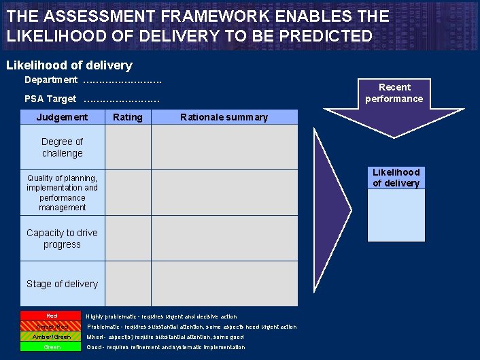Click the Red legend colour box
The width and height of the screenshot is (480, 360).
click(x=52, y=316)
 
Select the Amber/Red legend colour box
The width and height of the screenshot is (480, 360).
click(x=52, y=327)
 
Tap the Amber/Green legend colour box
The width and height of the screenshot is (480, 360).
click(x=52, y=337)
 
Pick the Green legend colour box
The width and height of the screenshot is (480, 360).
click(x=52, y=347)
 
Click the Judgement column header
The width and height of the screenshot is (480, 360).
click(x=62, y=117)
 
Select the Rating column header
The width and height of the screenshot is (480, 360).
click(x=128, y=117)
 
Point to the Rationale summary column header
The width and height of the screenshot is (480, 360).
click(x=224, y=117)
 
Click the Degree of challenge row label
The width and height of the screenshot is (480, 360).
click(x=62, y=148)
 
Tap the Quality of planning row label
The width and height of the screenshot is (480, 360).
click(x=62, y=193)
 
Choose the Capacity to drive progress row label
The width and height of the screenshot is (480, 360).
click(x=62, y=238)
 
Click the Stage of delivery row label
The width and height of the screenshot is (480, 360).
click(x=62, y=284)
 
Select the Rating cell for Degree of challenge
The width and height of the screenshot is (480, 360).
click(x=128, y=148)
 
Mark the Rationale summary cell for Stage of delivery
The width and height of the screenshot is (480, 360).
click(x=224, y=284)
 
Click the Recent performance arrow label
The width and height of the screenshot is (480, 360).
click(x=394, y=93)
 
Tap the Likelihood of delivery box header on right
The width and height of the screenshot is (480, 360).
click(x=396, y=178)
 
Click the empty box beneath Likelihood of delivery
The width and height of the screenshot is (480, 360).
click(x=396, y=215)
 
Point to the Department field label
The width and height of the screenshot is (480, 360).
click(x=51, y=80)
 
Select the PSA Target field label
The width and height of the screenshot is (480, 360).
click(x=50, y=99)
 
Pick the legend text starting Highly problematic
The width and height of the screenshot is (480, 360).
click(x=161, y=316)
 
